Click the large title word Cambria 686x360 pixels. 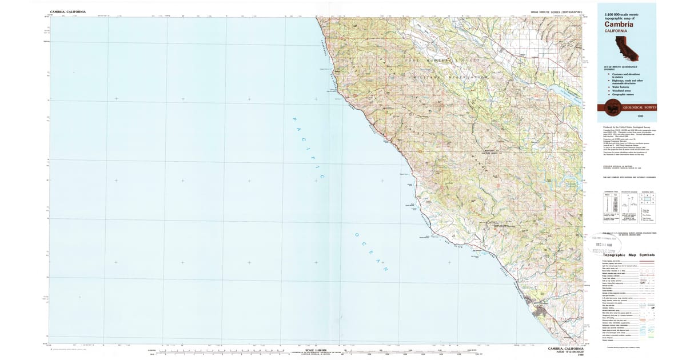[x=614, y=23]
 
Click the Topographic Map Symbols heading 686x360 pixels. [x=629, y=255]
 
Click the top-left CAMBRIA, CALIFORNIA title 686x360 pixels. [x=68, y=11]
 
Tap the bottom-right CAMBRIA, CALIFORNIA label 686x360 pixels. [x=565, y=348]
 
